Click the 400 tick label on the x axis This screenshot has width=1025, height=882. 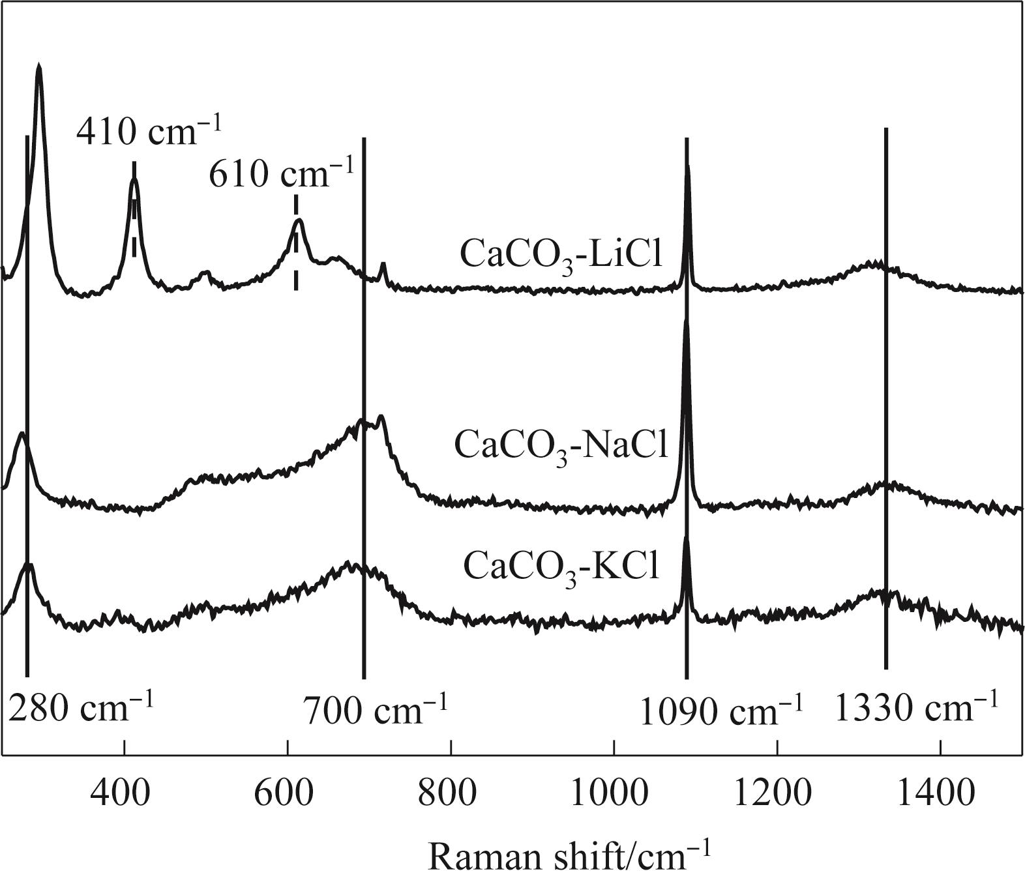click(x=123, y=795)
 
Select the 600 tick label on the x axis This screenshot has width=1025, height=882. click(x=287, y=795)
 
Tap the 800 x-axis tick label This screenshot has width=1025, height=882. click(x=451, y=795)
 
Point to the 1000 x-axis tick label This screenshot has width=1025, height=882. click(x=614, y=795)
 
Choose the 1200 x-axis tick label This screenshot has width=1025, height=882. click(x=777, y=795)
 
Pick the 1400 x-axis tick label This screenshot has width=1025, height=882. click(x=940, y=795)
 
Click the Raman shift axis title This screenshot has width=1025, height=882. click(x=568, y=856)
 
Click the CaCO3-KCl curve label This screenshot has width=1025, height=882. click(x=561, y=566)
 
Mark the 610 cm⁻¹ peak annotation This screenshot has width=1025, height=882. click(x=281, y=174)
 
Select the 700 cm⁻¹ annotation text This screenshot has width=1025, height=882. click(x=376, y=711)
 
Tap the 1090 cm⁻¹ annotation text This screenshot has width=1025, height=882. click(x=720, y=711)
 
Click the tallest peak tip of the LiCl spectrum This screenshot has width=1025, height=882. click(x=39, y=66)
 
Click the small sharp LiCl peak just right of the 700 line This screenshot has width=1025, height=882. click(x=383, y=264)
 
